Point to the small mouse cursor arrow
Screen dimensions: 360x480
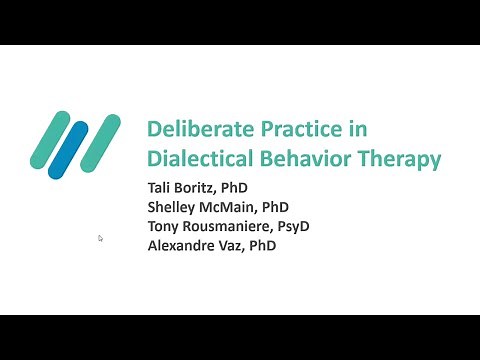pos(100,238)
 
